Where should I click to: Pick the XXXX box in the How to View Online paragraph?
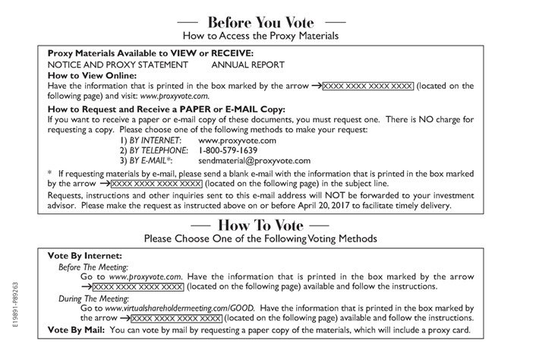[x=368, y=87]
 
